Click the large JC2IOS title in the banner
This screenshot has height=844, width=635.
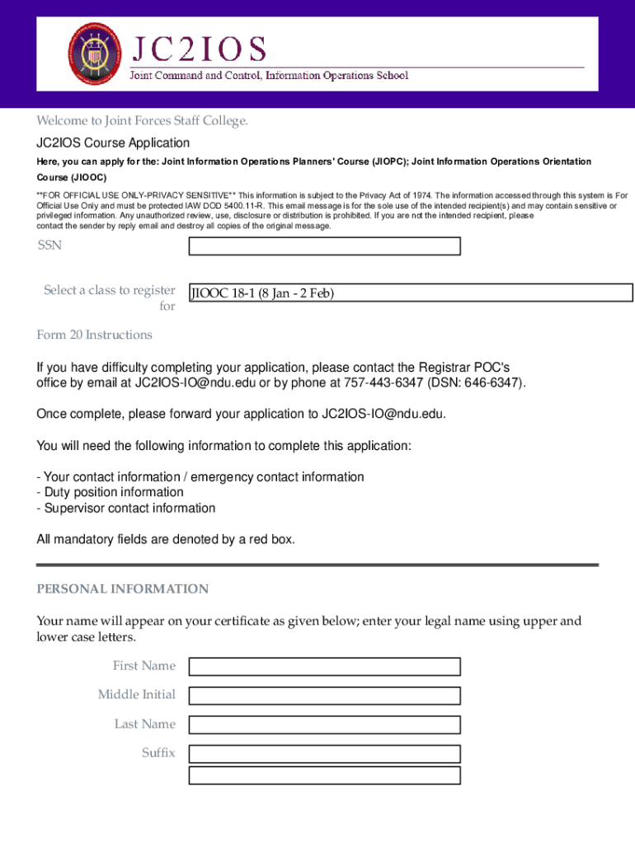coord(196,49)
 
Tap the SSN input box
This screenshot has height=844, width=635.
coord(324,246)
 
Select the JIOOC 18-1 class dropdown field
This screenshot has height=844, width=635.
coord(411,293)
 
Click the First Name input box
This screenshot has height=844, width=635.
coord(324,667)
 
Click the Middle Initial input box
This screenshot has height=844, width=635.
coord(324,696)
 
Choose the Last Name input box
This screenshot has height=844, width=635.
coord(324,724)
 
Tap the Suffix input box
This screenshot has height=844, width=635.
coord(324,753)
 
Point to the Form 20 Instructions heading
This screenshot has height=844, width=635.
coord(94,335)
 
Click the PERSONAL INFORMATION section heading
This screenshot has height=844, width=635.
coord(122,588)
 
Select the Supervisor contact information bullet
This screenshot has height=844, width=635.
coord(126,508)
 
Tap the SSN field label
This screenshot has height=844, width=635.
coord(49,245)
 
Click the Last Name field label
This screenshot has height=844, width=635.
coord(145,724)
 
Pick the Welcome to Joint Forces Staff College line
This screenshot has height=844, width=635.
coord(142,121)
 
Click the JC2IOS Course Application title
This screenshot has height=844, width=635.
coord(113,143)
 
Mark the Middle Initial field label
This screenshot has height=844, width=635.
coord(137,695)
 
